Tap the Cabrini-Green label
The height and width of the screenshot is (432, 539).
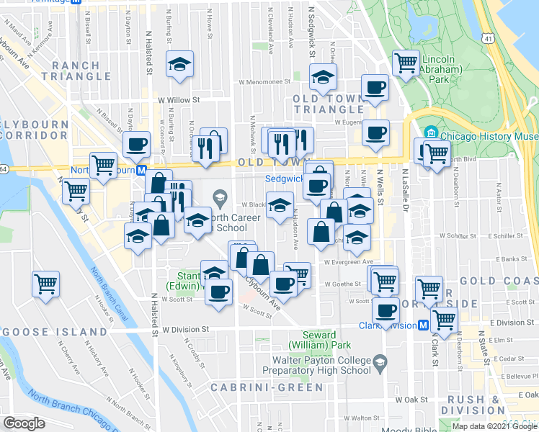[267, 387]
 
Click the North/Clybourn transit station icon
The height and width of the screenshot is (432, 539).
[142, 171]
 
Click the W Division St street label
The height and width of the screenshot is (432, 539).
[185, 329]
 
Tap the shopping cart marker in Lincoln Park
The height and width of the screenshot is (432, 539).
[406, 62]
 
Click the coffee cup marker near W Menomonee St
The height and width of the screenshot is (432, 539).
[375, 87]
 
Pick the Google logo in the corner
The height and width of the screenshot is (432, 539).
[24, 423]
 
